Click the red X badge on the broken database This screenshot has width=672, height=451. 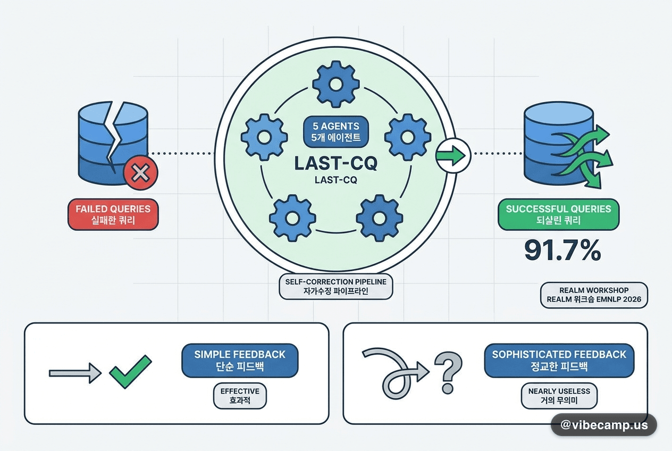coord(141,173)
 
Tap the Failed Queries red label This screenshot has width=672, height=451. coord(113,214)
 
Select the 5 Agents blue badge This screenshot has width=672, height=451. coord(336,132)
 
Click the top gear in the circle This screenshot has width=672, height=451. coord(336,85)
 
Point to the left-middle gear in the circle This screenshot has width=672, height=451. coord(264,137)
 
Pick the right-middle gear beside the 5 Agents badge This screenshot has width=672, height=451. coord(408,137)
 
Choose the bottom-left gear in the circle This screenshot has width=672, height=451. coord(292,218)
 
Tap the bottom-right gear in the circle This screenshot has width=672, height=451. coord(380,218)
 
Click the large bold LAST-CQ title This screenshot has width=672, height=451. coord(336,163)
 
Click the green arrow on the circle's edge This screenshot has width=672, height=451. coord(451,155)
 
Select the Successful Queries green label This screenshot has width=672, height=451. coord(559,214)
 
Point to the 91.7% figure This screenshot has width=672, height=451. coord(562,250)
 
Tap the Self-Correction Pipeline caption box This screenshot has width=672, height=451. coord(335,287)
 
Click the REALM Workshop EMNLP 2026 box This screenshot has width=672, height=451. coord(594,295)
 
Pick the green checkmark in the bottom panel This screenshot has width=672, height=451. coord(130,372)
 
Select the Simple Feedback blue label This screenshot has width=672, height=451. coord(240,361)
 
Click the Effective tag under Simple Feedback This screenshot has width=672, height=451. coord(240,396)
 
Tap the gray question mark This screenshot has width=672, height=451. coord(448,373)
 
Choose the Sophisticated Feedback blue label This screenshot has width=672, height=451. coord(559,361)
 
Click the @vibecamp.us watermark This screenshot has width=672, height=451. coord(604,425)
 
